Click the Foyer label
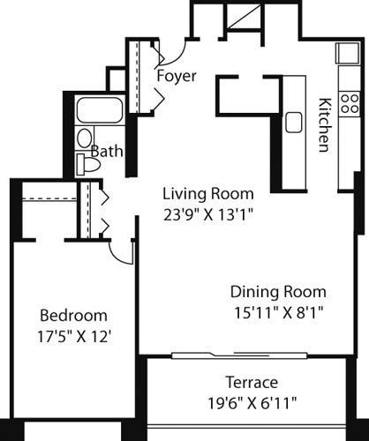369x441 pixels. (x=176, y=76)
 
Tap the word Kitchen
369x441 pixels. (x=323, y=123)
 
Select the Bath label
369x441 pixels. (x=106, y=152)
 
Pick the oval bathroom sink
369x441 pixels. (x=84, y=138)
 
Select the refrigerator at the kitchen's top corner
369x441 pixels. (x=345, y=52)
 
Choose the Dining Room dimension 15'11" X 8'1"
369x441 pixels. (x=278, y=311)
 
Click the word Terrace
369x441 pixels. (x=251, y=383)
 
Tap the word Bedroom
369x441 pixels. (x=74, y=315)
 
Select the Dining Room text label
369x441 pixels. (x=278, y=292)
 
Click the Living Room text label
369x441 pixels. (x=207, y=193)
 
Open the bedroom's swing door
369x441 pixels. (x=118, y=251)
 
